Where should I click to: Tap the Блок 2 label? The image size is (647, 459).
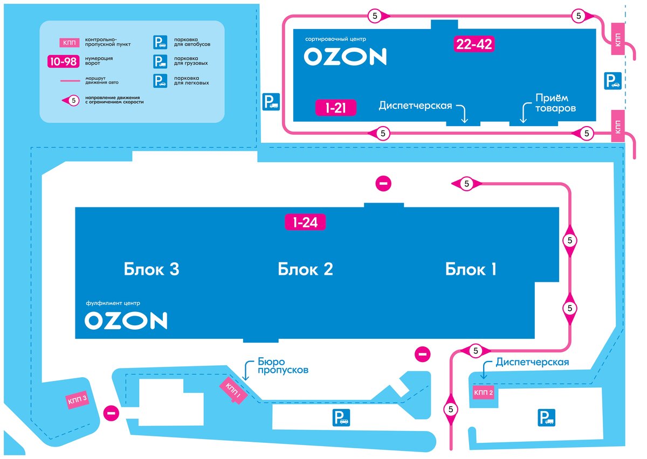click(x=305, y=269)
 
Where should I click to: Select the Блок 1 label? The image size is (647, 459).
click(x=470, y=269)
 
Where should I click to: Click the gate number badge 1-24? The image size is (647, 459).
click(x=305, y=222)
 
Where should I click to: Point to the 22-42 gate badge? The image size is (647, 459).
click(x=474, y=45)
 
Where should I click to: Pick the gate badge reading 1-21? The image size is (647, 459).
click(x=335, y=108)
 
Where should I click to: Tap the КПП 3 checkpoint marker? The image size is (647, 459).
click(x=77, y=400)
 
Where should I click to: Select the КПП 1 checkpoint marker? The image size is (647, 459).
click(x=233, y=390)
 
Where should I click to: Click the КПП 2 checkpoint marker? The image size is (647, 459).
click(x=484, y=393)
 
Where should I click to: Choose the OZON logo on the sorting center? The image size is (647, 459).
click(x=345, y=57)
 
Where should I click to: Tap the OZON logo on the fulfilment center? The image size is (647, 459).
click(x=126, y=321)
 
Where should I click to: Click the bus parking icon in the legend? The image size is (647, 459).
click(x=160, y=43)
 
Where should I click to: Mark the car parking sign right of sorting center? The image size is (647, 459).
click(x=612, y=81)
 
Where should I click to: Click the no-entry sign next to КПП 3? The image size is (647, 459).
click(x=111, y=414)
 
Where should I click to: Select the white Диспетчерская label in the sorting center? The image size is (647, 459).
click(x=415, y=106)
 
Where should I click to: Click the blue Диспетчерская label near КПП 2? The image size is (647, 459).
click(x=532, y=362)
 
